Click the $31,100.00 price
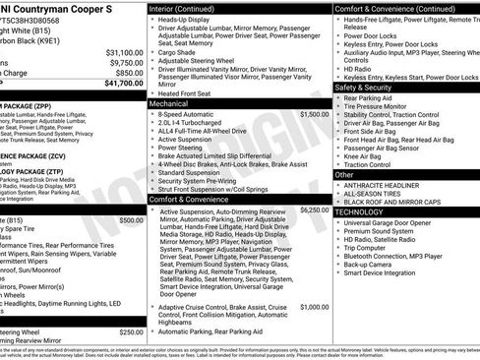pos(124,52)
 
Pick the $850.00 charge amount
pos(128,73)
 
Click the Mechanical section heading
pos(168,102)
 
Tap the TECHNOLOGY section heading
pos(365,211)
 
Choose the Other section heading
pos(344,174)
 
